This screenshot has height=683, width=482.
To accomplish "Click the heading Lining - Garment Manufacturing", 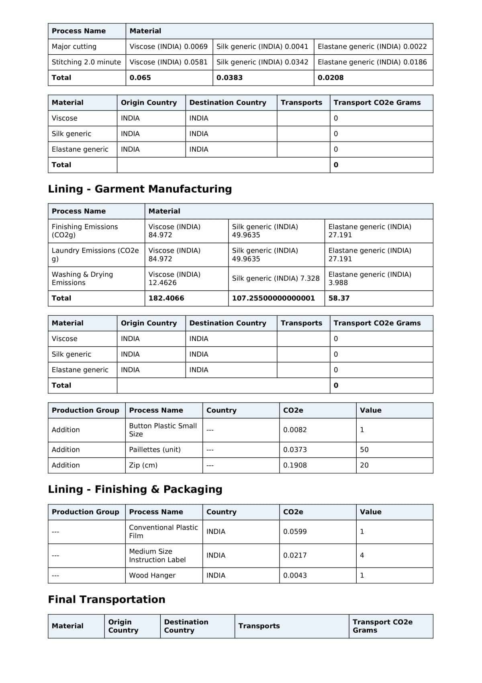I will tap(140, 189).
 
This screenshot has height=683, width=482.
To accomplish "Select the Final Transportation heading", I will tap(106, 599).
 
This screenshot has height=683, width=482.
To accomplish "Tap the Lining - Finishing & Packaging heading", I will tap(135, 489).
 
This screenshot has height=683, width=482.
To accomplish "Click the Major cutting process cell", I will tap(74, 47).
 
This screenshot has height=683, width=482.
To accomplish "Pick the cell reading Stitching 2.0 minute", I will tap(86, 62).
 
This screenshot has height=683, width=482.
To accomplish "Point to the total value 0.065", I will tap(140, 78).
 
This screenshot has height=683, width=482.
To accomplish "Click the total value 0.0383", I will tap(229, 78).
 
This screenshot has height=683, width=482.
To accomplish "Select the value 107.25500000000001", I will tap(273, 298).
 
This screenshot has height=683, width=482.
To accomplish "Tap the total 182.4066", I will tap(166, 298).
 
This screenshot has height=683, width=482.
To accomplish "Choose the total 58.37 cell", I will tap(339, 298).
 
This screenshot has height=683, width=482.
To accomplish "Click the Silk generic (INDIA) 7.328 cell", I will tap(276, 278).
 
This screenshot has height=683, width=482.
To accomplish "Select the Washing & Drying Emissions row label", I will tap(82, 278).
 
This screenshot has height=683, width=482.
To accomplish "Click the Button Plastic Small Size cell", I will tap(163, 430).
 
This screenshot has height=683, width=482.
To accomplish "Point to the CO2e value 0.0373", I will tap(295, 450).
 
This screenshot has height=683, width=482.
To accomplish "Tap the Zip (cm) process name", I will tap(143, 465).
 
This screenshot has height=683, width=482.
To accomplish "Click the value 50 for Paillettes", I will tap(364, 450).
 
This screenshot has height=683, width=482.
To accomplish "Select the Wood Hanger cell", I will tap(152, 576).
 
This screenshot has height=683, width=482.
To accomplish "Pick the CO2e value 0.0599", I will tap(295, 532).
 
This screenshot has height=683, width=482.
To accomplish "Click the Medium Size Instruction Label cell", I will tap(157, 555).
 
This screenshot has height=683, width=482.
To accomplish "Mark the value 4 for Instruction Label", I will tap(362, 555).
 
